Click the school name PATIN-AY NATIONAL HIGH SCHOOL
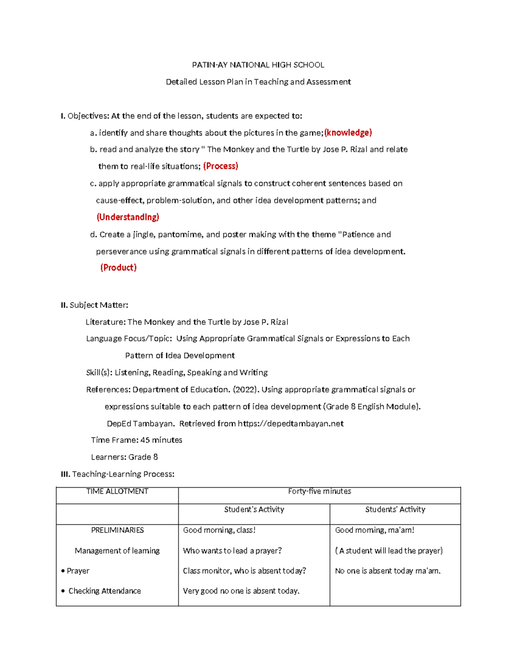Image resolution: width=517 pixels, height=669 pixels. pos(258,65)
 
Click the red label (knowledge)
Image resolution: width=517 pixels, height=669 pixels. pos(348,133)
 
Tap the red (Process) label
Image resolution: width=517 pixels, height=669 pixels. pos(221,166)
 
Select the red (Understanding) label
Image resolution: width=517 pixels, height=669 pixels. pos(128,217)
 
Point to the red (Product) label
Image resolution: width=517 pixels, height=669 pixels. pos(118,268)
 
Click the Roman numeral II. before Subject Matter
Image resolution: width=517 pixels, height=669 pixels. pos(64,305)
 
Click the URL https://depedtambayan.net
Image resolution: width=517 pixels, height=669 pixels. pos(290,423)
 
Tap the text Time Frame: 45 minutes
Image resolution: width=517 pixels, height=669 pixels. pos(137,440)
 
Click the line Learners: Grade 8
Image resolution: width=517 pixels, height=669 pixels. pos(124,457)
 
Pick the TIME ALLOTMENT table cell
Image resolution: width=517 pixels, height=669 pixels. pos(117,492)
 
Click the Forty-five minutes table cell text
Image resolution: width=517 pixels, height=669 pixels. pos(319,492)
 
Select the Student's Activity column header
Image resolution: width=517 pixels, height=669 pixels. pos(254,510)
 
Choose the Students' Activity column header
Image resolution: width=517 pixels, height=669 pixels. pos(395,510)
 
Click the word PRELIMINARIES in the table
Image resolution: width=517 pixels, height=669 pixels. pos(117,530)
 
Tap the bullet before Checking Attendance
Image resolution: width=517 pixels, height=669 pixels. pos(63,591)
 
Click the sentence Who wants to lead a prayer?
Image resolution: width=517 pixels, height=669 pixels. pos(232,551)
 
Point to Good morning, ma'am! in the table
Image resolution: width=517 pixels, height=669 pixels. pos(374,530)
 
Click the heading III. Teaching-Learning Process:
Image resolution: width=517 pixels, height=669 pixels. pos(118,474)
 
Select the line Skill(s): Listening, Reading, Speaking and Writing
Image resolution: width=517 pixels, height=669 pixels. pos(177,373)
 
